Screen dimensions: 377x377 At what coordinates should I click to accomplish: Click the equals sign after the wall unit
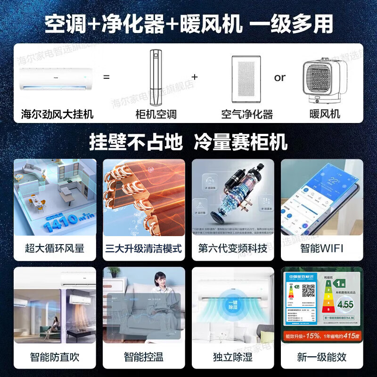click(x=107, y=76)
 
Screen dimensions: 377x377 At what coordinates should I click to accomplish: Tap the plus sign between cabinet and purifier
click(x=195, y=76)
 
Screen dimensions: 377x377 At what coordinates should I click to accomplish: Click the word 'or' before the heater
click(x=280, y=77)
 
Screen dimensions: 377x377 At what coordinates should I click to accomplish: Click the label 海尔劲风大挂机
click(x=57, y=114)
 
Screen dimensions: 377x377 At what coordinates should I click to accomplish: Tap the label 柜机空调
click(x=156, y=114)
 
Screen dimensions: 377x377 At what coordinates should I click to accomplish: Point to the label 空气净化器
click(x=247, y=114)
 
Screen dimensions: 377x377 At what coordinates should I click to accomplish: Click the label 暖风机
click(x=325, y=114)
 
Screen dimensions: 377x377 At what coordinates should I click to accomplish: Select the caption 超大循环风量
click(x=55, y=248)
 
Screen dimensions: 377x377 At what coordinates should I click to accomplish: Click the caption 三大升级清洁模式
click(x=143, y=248)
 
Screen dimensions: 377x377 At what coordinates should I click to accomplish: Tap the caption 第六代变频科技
click(x=233, y=248)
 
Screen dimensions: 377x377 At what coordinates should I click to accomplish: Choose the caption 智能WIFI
click(x=322, y=248)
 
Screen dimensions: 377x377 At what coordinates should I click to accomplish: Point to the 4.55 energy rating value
click(x=345, y=304)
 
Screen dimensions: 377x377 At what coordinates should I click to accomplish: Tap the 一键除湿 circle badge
click(x=233, y=304)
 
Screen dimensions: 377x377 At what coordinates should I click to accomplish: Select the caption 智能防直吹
click(x=55, y=357)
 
